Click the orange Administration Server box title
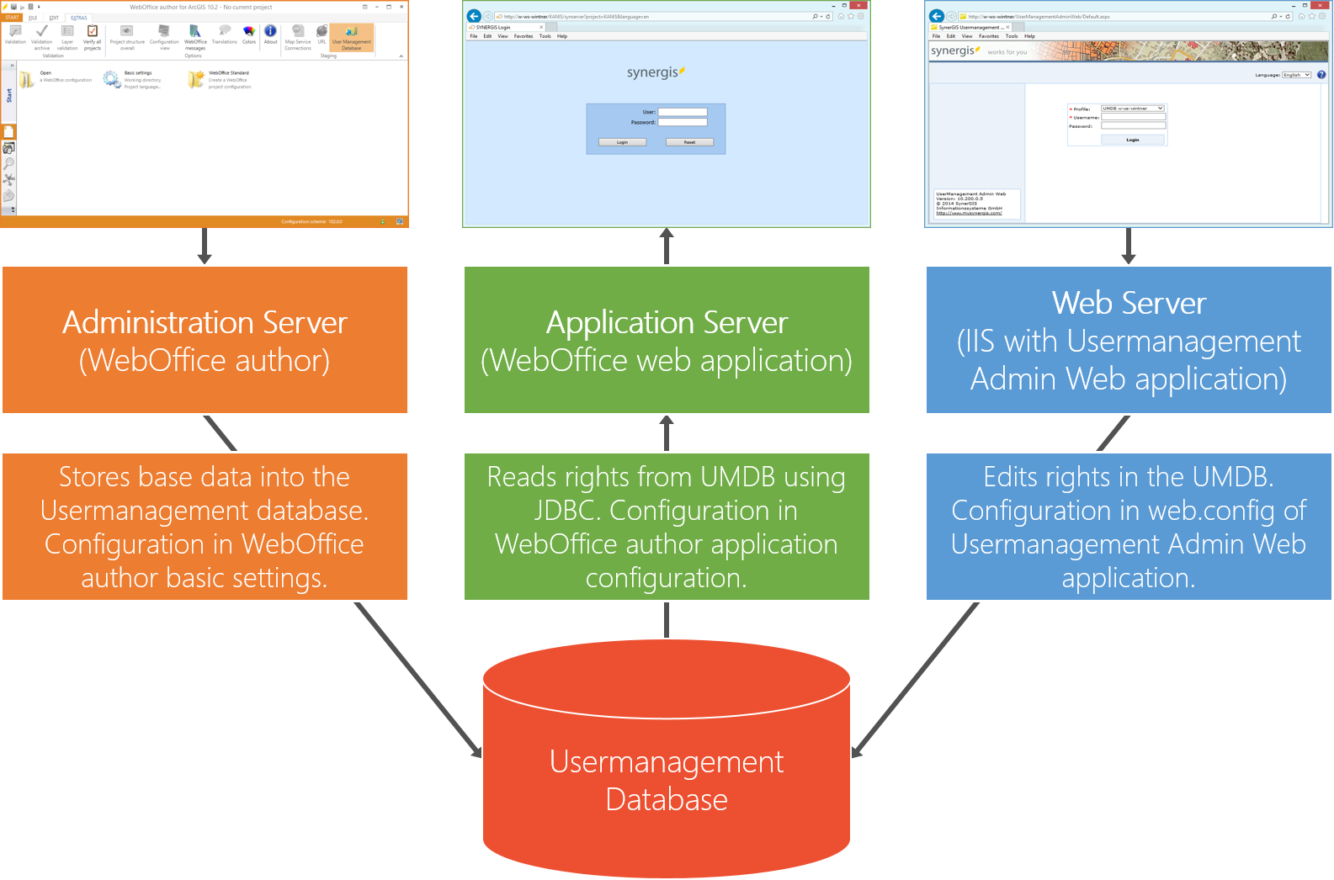[x=205, y=323]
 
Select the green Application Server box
[x=667, y=340]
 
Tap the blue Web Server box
[x=1128, y=340]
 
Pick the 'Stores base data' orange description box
[x=205, y=527]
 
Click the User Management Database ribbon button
[x=351, y=38]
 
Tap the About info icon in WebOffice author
[x=270, y=31]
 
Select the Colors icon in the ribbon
[x=249, y=31]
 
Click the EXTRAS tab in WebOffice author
[x=79, y=18]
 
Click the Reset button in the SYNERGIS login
[x=689, y=142]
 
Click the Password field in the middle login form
[x=682, y=122]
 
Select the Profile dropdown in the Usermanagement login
[x=1133, y=109]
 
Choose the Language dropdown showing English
[x=1296, y=75]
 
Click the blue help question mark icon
[x=1321, y=75]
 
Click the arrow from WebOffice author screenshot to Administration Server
[x=205, y=246]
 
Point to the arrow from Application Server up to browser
[x=667, y=246]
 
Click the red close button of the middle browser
[x=858, y=5]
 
